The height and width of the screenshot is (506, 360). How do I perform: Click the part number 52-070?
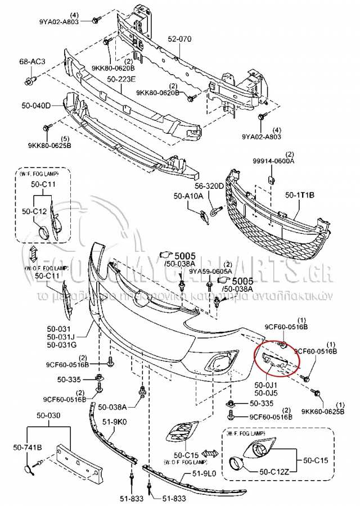pos(180,40)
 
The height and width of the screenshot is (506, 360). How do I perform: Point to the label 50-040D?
pos(35,105)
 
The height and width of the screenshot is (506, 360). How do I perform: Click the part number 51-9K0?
pos(114,421)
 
